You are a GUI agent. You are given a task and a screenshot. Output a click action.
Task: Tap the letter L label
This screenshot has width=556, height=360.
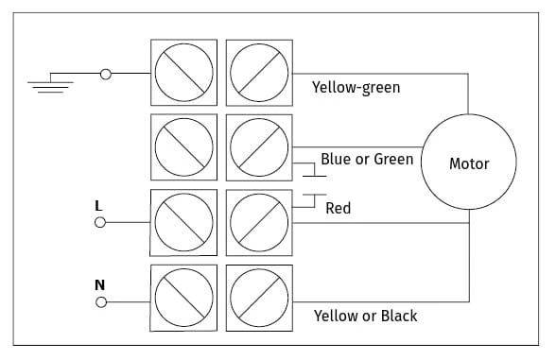(98, 206)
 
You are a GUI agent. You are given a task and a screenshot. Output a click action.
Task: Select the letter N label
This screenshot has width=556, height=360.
(99, 285)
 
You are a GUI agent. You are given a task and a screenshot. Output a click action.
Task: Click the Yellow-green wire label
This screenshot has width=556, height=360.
(356, 88)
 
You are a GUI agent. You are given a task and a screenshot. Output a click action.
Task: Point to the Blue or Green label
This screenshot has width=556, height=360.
(367, 159)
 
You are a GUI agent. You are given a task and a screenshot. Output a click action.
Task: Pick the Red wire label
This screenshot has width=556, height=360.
(339, 208)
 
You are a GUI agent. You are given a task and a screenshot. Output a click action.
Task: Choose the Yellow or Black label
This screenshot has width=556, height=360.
(365, 316)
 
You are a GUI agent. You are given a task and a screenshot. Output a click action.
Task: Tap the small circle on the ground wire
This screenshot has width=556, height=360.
(106, 75)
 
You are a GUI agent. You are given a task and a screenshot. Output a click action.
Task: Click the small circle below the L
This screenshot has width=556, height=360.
(100, 223)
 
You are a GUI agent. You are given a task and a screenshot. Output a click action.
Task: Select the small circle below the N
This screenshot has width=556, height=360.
(101, 302)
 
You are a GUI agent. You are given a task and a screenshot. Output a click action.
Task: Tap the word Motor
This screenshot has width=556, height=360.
(469, 163)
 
